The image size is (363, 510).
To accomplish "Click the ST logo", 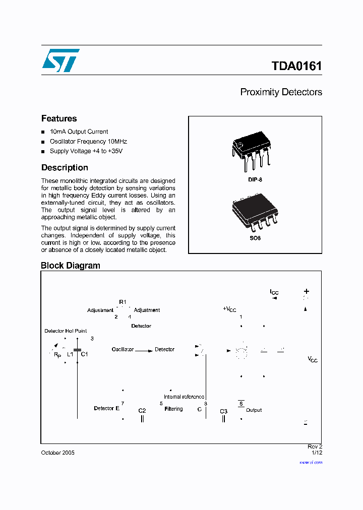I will coord(60,60).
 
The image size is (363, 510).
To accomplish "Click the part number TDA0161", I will coord(296,66).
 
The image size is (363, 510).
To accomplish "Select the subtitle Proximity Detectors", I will coord(281,92).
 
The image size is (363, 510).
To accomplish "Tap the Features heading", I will coord(59,118).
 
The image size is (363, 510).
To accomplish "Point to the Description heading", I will coord(65,168).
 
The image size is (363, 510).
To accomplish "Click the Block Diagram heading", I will coord(71,266).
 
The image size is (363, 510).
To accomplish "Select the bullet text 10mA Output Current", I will coord(79,132).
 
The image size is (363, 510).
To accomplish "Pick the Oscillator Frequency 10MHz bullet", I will coord(88,142).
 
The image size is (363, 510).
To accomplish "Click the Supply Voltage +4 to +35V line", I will coord(86,151).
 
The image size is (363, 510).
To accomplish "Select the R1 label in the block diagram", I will coord(123,301).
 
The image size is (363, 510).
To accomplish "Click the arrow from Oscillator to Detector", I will coord(144,350).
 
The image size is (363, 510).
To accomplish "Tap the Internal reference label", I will coord(184,397).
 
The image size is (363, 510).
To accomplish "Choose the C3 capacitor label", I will coord(224,411).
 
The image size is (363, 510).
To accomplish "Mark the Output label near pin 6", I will coord(254,410).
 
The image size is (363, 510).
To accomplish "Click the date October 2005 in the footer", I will coord(57,453).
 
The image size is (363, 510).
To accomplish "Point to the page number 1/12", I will coord(317,453).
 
